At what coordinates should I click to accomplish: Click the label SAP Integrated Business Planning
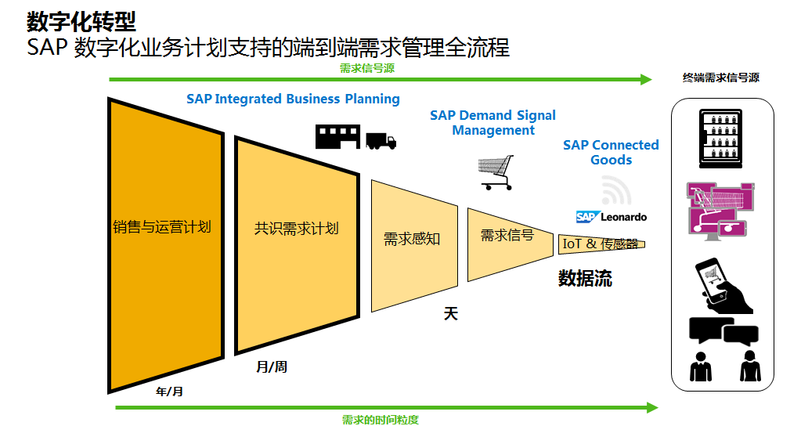point(293,99)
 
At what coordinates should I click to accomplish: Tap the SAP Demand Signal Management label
point(493,123)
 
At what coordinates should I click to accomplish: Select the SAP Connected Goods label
point(611,152)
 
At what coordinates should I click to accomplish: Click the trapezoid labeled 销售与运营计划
point(162,228)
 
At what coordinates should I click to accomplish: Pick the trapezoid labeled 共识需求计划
point(296,229)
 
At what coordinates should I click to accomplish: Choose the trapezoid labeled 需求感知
point(413,239)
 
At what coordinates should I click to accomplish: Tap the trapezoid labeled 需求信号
point(506,235)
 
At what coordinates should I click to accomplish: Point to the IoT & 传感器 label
point(601,244)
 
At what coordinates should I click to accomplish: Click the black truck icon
point(381,141)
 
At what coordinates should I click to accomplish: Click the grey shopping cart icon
point(496,171)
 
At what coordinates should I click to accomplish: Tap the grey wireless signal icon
point(616,190)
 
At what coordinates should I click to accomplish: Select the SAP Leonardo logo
point(612,216)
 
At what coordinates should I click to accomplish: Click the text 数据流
point(584,278)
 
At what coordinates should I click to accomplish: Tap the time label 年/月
point(169,391)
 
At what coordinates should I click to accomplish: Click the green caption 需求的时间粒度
point(380,419)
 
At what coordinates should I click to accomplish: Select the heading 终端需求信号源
point(720,78)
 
